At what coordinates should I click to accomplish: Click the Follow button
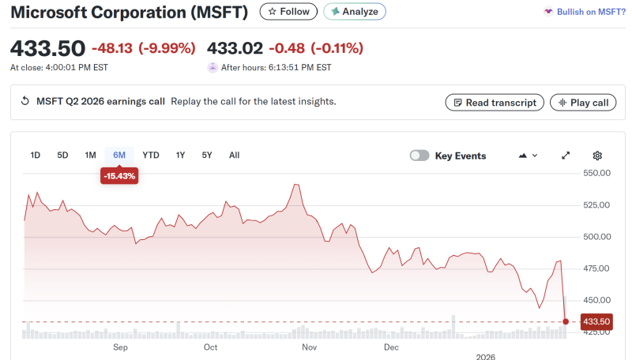(x=288, y=12)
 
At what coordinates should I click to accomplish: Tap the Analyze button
(x=355, y=12)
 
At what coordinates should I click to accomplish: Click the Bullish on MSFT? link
(x=585, y=12)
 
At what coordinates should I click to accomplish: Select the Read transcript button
(x=495, y=103)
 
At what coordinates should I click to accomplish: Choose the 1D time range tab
(x=36, y=156)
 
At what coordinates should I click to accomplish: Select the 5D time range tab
(x=63, y=156)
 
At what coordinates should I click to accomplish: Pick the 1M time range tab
(x=91, y=156)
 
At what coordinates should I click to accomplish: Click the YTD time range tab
(x=151, y=156)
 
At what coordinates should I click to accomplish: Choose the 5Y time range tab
(x=207, y=156)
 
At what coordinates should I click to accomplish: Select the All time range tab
(x=235, y=156)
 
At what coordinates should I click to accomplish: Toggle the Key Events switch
(x=419, y=156)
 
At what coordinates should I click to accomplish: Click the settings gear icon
(x=597, y=156)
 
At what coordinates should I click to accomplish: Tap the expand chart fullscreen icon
(x=566, y=156)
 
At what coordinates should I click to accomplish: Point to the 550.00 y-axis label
(x=597, y=173)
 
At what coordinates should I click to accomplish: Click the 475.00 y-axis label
(x=597, y=268)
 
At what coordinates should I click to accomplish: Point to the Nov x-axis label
(x=309, y=347)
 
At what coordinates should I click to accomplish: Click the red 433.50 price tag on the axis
(x=596, y=321)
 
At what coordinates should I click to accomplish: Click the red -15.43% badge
(x=119, y=176)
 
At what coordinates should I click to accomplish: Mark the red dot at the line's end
(x=566, y=321)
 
